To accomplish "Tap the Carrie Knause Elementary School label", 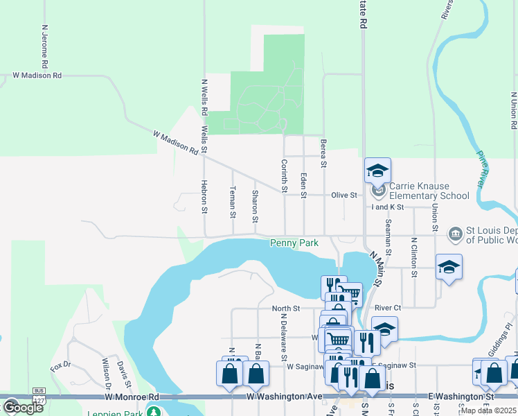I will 429,191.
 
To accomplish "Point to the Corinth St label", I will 284,176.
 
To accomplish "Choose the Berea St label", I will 323,153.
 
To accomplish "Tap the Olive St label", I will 343,196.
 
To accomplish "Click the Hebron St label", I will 204,196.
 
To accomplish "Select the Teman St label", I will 233,202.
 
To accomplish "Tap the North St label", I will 285,309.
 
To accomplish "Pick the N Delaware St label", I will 284,336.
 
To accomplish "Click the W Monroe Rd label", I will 132,397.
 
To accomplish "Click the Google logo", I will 22,407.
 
